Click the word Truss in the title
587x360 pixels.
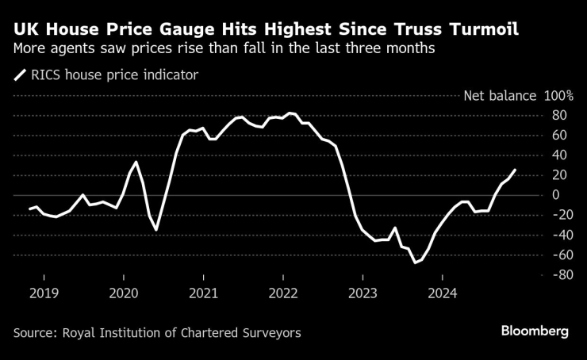click(x=423, y=31)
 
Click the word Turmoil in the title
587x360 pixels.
click(x=485, y=31)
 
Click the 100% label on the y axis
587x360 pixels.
click(x=558, y=96)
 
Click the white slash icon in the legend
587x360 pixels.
click(x=19, y=76)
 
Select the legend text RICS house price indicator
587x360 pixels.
click(x=115, y=76)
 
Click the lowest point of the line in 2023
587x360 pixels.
click(x=414, y=262)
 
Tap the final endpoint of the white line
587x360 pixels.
click(x=515, y=170)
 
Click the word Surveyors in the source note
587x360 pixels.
click(x=272, y=333)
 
